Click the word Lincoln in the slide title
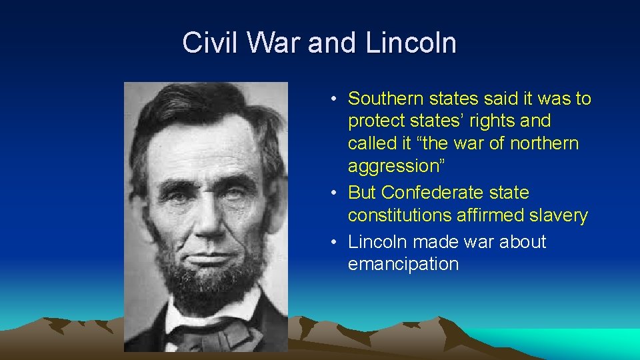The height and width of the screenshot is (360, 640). pyautogui.click(x=411, y=43)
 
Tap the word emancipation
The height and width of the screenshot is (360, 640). pyautogui.click(x=403, y=264)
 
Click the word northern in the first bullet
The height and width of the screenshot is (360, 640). pyautogui.click(x=545, y=143)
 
